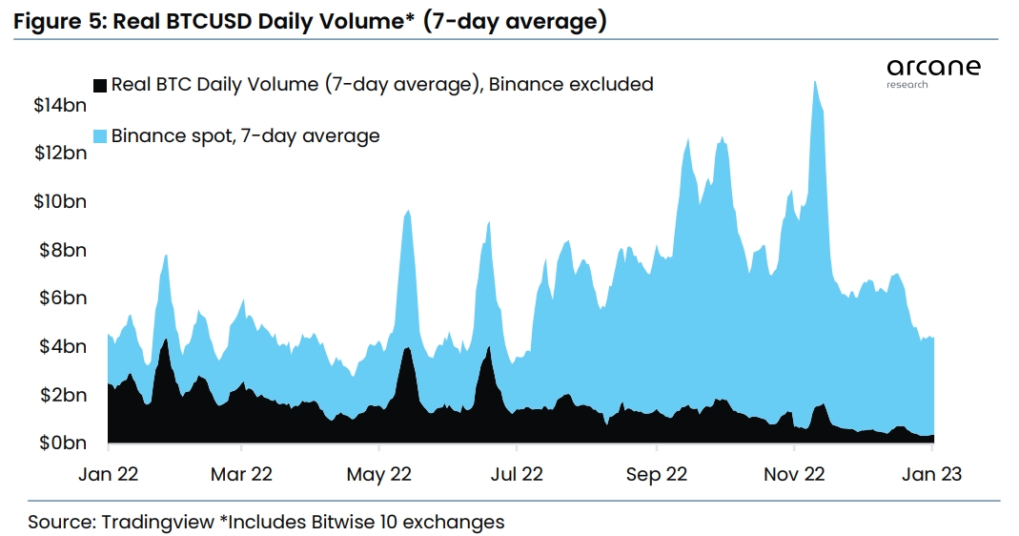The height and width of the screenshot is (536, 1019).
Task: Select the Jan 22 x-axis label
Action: [x=108, y=474]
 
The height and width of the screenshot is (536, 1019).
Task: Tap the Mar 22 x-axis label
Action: [x=242, y=474]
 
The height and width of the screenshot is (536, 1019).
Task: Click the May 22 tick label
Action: [x=379, y=474]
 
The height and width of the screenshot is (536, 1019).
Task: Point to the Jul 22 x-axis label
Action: [x=515, y=474]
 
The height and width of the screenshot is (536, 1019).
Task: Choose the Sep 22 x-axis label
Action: [x=657, y=474]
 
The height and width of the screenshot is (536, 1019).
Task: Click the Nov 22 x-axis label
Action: [x=794, y=474]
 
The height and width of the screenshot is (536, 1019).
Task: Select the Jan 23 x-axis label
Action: [x=931, y=474]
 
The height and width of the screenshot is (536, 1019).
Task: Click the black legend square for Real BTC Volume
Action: [x=100, y=84]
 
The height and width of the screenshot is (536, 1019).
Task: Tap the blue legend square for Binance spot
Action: [x=100, y=135]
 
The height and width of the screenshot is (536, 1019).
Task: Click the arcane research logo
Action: [x=932, y=72]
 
